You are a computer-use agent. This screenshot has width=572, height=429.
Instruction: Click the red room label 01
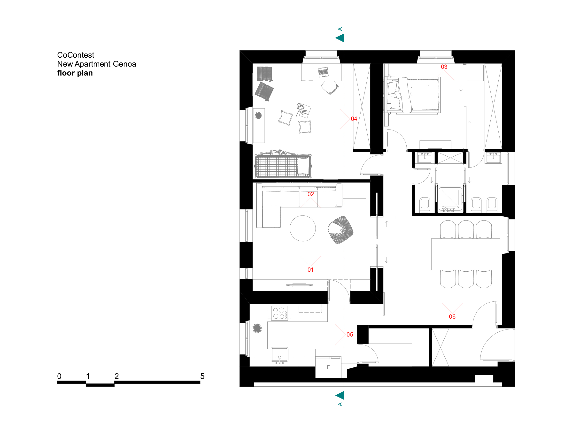point(310,270)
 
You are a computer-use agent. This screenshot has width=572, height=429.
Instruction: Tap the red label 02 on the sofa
point(310,194)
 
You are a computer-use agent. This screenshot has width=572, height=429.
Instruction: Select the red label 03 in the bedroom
point(444,67)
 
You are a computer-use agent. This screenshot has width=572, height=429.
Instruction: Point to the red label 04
point(354,119)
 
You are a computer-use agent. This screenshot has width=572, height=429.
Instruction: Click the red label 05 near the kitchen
point(350,335)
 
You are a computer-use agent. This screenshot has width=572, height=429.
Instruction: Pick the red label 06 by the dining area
point(452,317)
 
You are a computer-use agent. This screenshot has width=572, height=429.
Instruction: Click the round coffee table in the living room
point(302,228)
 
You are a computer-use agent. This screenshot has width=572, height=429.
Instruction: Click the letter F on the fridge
point(328,367)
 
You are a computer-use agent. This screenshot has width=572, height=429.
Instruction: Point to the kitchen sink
point(279,354)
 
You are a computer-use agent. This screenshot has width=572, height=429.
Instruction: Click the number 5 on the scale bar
point(202,376)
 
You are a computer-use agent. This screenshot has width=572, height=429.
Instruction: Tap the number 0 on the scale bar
point(59,376)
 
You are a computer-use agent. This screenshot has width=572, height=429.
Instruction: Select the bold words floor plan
point(75,73)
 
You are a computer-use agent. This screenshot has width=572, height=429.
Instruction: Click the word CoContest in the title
point(76,55)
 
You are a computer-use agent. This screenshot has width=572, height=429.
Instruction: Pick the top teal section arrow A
point(340,38)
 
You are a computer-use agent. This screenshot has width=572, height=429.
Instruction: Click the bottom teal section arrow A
point(340,395)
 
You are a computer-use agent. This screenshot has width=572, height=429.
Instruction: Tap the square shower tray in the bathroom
point(450,199)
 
